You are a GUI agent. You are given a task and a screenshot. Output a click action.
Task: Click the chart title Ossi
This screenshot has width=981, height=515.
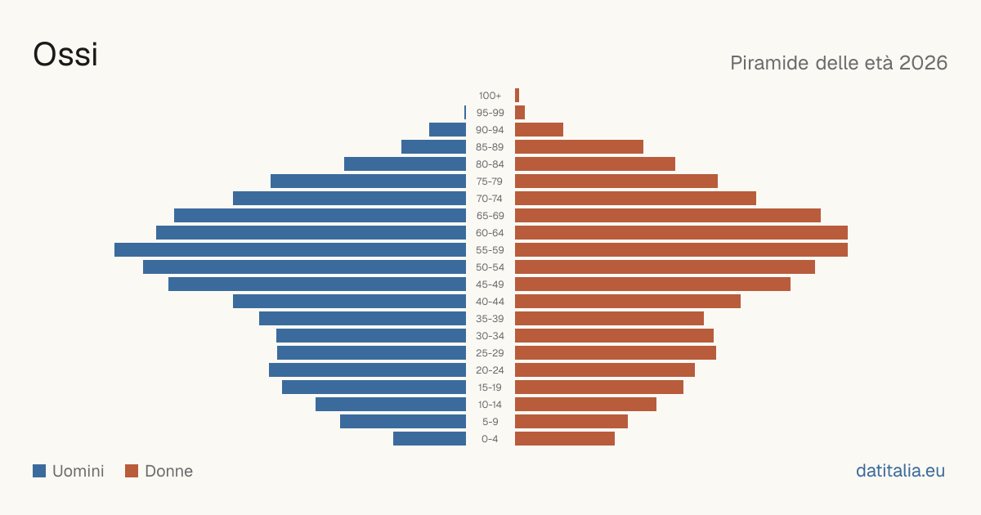point(65,54)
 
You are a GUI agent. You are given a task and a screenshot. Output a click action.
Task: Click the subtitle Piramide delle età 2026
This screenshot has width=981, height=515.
point(839,63)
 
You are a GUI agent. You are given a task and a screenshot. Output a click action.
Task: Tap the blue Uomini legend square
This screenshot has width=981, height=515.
point(39,471)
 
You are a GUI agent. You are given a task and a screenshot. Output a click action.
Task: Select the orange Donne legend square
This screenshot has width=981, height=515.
point(132,471)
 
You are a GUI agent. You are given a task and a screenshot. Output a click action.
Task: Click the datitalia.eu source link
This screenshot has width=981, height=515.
point(900,471)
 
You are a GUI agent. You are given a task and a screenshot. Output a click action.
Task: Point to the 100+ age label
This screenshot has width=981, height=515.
point(490,96)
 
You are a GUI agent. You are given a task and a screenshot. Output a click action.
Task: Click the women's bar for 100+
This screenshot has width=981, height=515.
point(517,96)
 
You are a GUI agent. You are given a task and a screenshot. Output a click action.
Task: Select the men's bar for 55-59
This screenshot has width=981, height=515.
point(290,249)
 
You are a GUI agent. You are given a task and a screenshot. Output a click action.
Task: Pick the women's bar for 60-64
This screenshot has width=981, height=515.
point(682,232)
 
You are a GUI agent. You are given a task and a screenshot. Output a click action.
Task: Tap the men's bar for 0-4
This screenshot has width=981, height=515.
point(430,439)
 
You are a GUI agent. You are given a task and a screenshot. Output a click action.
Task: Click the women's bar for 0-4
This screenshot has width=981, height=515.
point(565,439)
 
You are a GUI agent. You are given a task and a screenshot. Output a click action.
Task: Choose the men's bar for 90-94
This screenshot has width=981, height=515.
point(448,130)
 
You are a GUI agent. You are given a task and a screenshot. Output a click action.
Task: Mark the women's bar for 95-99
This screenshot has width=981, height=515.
point(520,113)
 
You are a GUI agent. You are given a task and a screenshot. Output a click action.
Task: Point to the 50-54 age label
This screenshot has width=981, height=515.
point(490,267)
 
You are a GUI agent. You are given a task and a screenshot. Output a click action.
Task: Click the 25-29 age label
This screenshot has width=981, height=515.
point(490,353)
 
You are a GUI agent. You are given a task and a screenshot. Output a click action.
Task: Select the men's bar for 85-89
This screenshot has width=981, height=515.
point(433,146)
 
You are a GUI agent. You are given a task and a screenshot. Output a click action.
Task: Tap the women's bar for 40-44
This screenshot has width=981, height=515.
point(628,302)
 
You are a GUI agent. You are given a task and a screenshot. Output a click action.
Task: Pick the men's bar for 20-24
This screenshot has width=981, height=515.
point(367,370)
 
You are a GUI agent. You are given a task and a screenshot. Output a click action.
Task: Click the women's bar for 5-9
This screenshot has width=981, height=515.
point(571,422)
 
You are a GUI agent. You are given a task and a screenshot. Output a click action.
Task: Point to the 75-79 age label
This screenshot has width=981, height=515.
point(490,181)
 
